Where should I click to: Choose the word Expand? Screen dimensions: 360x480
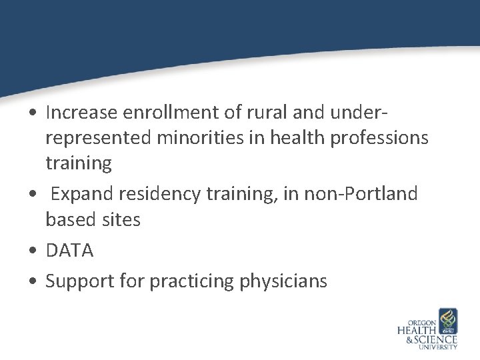(x=83, y=195)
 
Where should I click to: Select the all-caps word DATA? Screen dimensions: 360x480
(x=69, y=251)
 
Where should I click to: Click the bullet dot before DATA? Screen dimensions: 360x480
(x=32, y=251)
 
